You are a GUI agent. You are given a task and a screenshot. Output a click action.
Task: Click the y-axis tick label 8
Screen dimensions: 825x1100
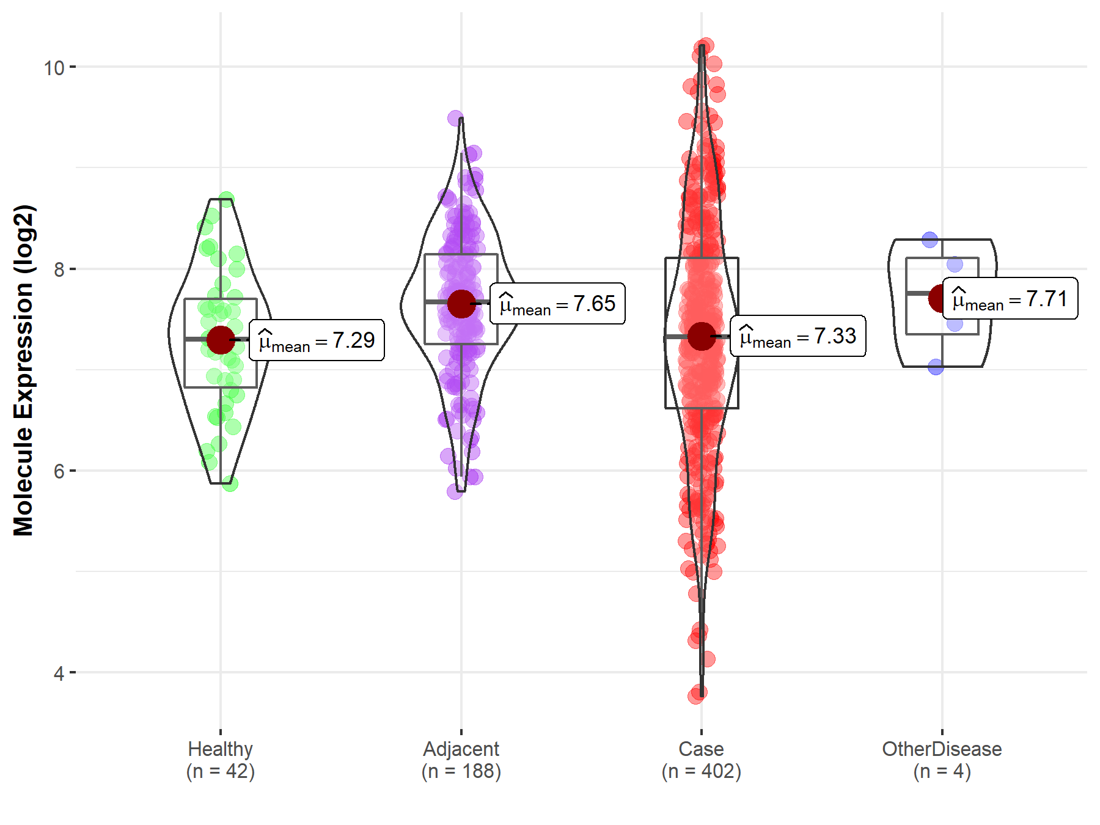click(x=59, y=269)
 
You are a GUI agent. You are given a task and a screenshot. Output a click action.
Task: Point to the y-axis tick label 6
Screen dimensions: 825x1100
click(x=59, y=471)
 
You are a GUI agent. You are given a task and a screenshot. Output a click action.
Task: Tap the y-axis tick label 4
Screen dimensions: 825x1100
click(x=59, y=673)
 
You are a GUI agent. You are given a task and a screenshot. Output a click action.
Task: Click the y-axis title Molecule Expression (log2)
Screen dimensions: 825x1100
click(x=23, y=370)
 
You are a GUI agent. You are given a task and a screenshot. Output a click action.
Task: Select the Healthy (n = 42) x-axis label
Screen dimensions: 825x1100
click(x=221, y=760)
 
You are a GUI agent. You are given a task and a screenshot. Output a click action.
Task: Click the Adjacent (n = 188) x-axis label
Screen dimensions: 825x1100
click(x=461, y=760)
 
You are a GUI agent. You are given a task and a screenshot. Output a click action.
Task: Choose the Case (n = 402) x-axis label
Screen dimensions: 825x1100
click(x=702, y=760)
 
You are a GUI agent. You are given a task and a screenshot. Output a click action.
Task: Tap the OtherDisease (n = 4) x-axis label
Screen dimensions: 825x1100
click(x=942, y=760)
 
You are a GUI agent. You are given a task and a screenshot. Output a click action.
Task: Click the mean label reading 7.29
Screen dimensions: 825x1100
click(x=317, y=340)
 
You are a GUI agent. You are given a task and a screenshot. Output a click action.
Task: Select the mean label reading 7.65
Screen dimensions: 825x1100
click(x=557, y=304)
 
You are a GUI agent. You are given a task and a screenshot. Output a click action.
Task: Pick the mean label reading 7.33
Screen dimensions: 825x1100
click(x=798, y=336)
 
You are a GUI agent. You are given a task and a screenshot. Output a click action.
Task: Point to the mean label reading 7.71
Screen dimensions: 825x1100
click(x=1010, y=299)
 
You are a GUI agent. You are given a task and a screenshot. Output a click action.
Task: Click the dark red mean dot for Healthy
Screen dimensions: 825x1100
click(x=221, y=340)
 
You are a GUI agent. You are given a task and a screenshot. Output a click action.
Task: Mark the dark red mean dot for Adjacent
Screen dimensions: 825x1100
click(x=461, y=304)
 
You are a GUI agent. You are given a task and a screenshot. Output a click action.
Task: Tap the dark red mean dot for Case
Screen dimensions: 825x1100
click(x=702, y=336)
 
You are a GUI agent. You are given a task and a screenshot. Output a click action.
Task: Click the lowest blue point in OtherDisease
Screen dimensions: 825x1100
click(x=936, y=367)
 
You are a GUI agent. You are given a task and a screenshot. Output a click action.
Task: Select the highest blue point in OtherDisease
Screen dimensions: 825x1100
click(x=930, y=240)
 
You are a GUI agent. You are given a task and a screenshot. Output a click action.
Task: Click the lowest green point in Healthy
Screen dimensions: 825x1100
click(x=230, y=484)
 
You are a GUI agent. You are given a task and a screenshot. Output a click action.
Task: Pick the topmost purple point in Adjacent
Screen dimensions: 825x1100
click(x=455, y=118)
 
